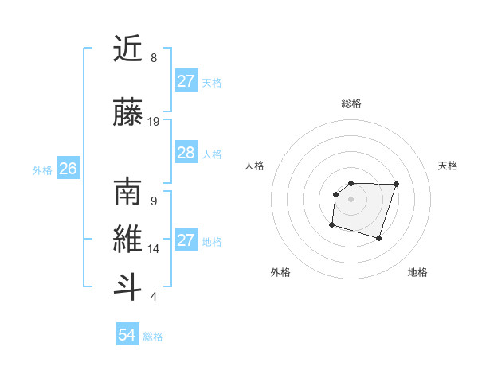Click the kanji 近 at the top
coord(127,49)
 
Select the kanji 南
coord(127,192)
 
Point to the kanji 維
coord(127,240)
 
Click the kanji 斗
coord(127,287)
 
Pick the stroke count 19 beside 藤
coord(154,122)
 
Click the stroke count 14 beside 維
coord(154,249)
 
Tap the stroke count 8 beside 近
coord(154,58)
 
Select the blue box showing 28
coord(186,153)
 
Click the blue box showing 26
coord(69,169)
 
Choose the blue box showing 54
coord(127,335)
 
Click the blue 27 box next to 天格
coord(186,81)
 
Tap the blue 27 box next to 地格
coord(186,240)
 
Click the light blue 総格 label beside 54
coord(153,337)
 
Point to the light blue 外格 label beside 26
coord(42,169)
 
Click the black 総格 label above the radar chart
coord(351,103)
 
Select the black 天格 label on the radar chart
coord(448,166)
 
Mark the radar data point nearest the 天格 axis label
coord(397,184)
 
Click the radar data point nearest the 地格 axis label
coord(379,238)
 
